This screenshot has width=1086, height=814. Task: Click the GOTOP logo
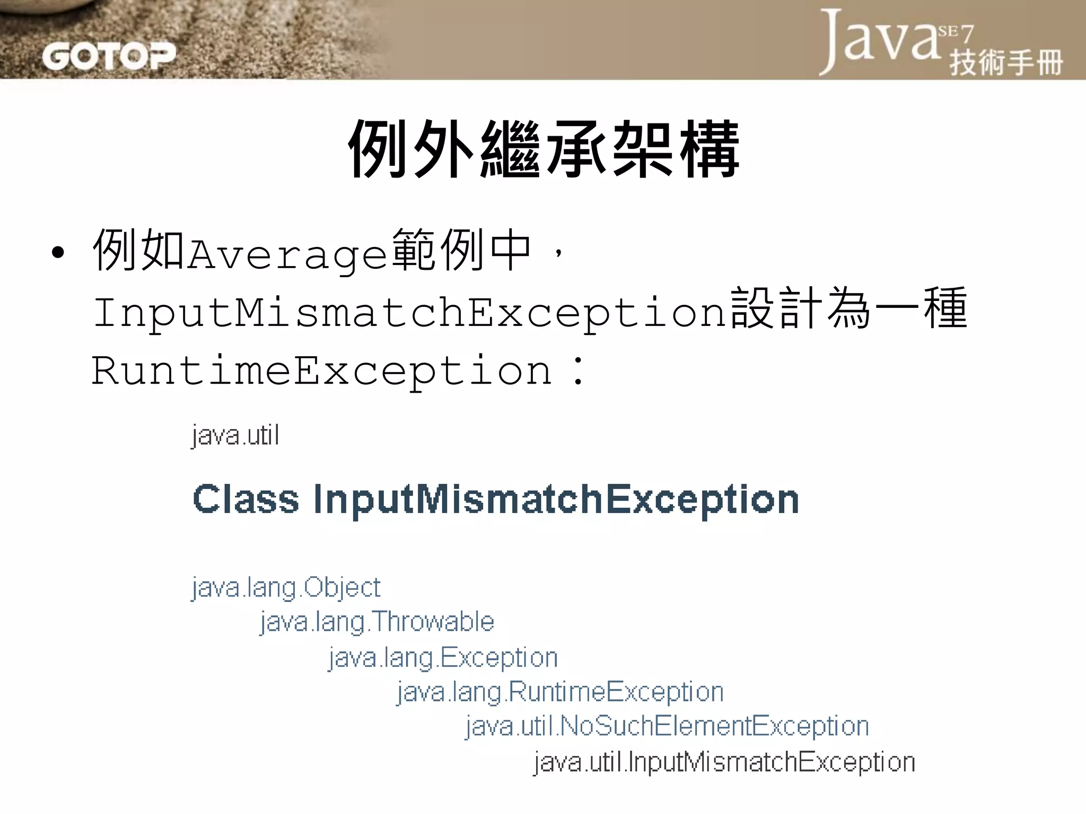pos(108,56)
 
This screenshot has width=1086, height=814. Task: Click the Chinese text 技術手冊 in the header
pos(1006,63)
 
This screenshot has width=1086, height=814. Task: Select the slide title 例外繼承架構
pos(543,149)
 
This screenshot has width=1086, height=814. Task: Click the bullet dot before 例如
pos(58,253)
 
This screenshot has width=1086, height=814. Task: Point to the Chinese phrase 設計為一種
pos(848,309)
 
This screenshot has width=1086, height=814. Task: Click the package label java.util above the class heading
pos(235,436)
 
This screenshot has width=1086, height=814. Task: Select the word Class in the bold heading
pos(246,499)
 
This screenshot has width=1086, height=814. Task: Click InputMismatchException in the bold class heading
pos(556,500)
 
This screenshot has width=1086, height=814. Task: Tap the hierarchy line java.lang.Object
pos(286,588)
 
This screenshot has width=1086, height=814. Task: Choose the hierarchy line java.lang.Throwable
pos(377,622)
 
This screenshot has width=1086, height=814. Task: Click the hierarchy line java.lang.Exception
pos(443,658)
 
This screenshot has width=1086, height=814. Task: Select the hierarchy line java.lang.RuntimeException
pos(560,692)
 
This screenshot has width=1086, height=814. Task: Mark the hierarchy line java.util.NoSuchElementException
pos(667,726)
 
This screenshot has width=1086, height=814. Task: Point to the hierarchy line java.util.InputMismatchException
pos(724,762)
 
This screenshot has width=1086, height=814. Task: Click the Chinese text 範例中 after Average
pos(461,250)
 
